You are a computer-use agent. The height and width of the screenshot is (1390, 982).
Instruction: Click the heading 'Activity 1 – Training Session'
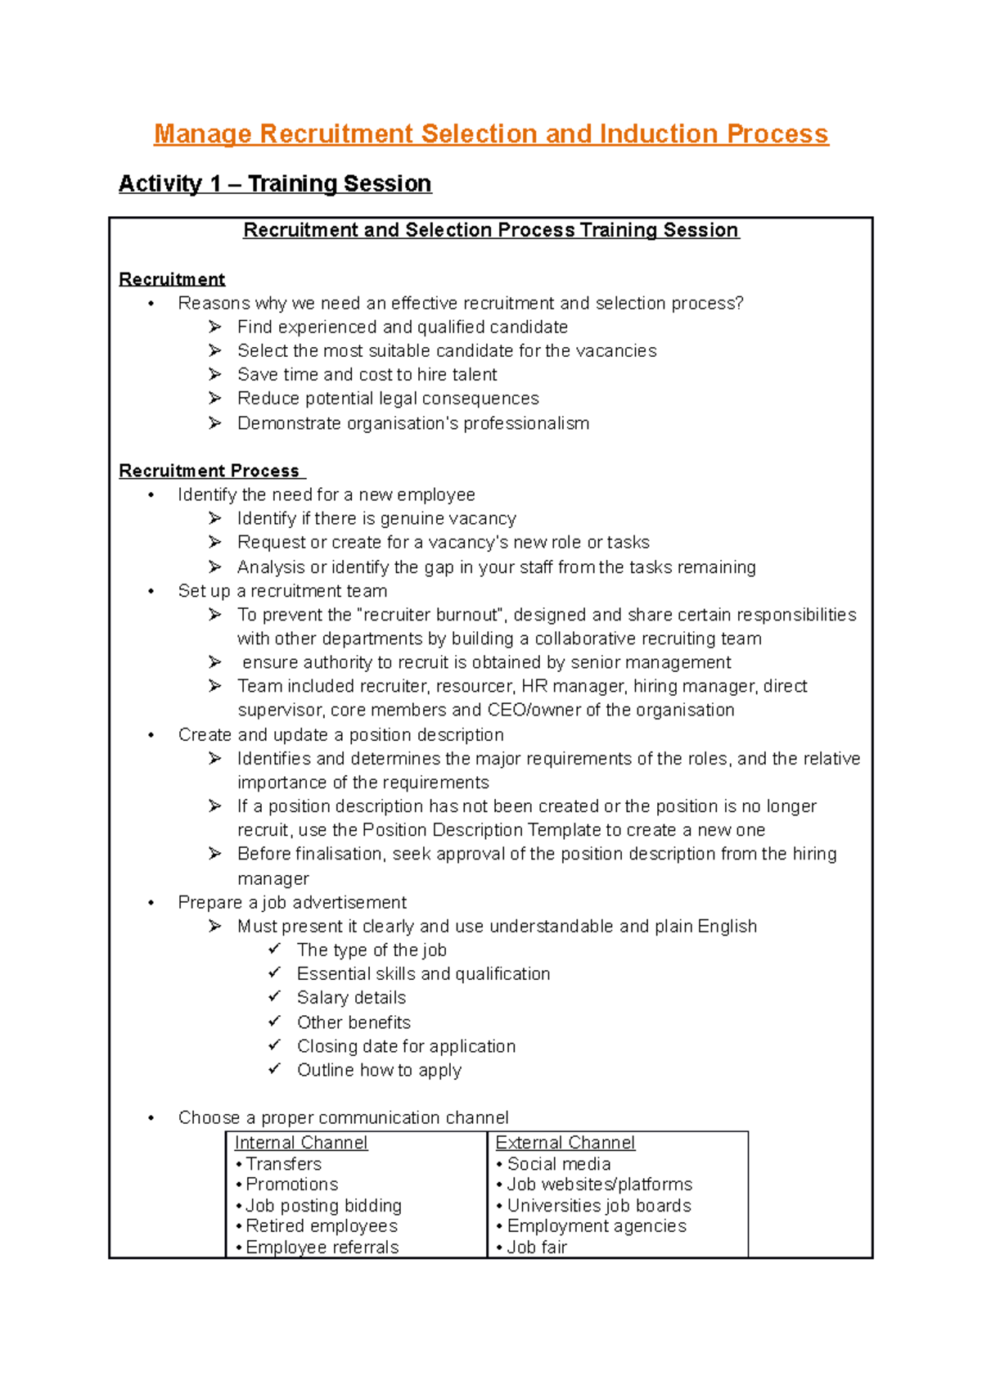coord(275,183)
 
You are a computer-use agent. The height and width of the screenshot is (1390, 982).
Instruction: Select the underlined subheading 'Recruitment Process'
coord(209,471)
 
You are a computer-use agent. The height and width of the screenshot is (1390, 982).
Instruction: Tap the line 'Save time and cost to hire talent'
coord(367,375)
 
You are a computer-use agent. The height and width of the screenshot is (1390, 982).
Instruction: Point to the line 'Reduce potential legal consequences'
coord(388,399)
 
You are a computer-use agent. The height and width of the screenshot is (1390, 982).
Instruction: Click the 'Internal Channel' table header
coord(300,1143)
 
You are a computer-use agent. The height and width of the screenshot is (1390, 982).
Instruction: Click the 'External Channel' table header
coord(565,1143)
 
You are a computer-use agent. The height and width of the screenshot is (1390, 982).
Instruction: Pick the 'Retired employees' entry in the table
coord(322,1226)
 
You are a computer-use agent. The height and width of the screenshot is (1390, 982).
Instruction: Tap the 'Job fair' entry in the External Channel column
coord(537,1248)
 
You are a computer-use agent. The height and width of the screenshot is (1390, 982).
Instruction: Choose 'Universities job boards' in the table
coord(599,1206)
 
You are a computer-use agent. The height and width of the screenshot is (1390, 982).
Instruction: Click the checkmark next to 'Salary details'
coord(275,997)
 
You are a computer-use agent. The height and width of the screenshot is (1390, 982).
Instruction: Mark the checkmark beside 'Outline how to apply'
coord(275,1069)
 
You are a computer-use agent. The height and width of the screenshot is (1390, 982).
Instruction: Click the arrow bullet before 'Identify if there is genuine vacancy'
coord(215,518)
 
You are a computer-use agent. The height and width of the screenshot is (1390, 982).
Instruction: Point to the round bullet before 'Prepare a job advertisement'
coord(151,904)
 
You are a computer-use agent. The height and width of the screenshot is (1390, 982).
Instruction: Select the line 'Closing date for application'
coord(406,1046)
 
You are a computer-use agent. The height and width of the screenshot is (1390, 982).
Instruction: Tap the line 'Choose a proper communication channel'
coord(343,1118)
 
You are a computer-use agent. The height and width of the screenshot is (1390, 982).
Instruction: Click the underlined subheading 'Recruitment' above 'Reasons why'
coord(172,279)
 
